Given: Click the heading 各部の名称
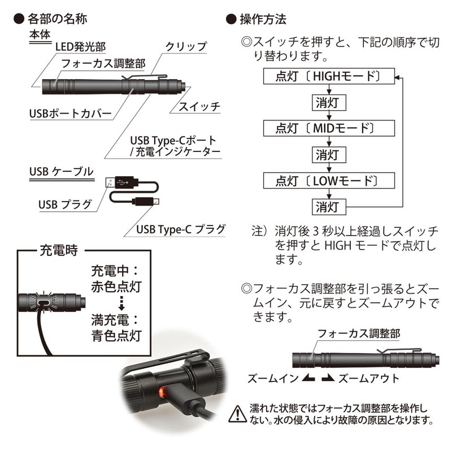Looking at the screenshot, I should [59, 19].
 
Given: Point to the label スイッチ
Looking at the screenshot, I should [199, 106].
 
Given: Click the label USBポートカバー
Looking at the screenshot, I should [71, 114].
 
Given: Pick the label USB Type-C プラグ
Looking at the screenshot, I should [181, 229].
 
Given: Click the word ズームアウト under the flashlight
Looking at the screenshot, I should [368, 379].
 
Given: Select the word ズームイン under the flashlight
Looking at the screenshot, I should [270, 379].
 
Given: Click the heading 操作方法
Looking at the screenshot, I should [263, 19].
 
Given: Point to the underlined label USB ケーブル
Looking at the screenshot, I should [60, 171].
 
